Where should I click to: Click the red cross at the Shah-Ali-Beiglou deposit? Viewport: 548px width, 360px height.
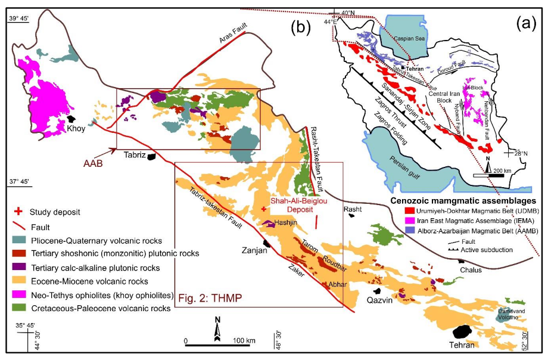click(264, 209)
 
